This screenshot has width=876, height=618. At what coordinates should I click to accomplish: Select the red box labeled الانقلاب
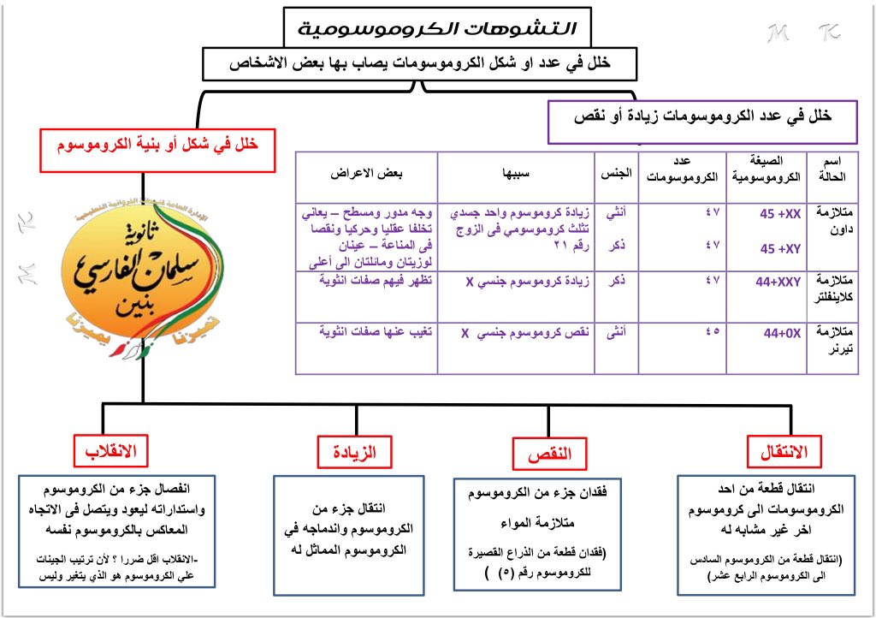point(110,449)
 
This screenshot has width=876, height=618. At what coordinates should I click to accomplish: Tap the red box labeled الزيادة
point(346,449)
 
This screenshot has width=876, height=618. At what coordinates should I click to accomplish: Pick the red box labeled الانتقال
point(783,449)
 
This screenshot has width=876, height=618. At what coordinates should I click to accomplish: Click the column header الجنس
point(619,171)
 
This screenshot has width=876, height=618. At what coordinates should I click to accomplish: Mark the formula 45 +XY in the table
point(778,248)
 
